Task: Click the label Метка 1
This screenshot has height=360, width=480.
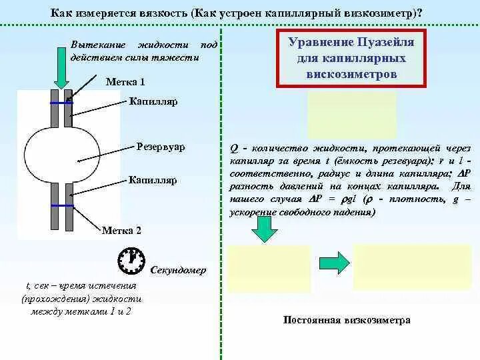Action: [125, 82]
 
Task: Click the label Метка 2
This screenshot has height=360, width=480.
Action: [122, 231]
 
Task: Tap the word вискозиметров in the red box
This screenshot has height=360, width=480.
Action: [352, 73]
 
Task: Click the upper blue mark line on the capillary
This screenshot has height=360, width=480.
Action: [61, 103]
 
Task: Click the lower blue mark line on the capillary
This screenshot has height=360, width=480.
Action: [61, 207]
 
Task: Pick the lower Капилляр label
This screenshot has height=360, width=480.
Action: [153, 180]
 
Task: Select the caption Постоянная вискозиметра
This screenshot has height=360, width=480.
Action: [347, 320]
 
